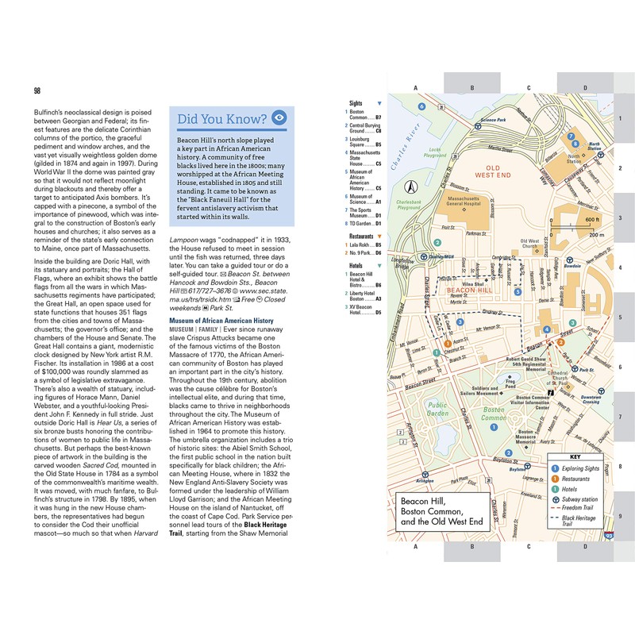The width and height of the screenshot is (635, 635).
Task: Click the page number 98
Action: pyautogui.click(x=37, y=91)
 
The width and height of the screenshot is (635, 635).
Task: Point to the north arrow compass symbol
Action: pyautogui.click(x=412, y=188)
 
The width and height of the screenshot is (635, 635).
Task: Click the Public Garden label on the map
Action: pyautogui.click(x=439, y=408)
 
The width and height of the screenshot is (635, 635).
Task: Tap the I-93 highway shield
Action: pyautogui.click(x=609, y=537)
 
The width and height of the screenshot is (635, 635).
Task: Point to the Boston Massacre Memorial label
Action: pyautogui.click(x=525, y=438)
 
